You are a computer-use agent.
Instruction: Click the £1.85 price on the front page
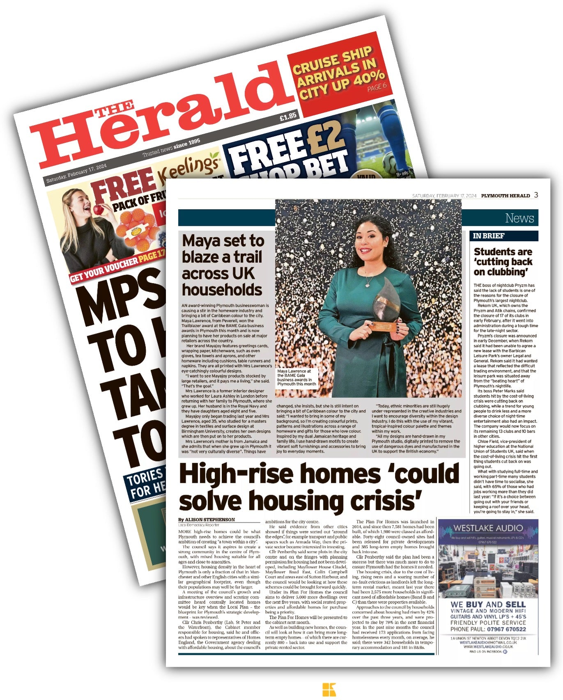coord(287,117)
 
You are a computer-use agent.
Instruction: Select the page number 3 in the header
coord(536,195)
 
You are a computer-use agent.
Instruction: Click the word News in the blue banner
coord(519,218)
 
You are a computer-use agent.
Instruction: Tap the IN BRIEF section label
coord(488,236)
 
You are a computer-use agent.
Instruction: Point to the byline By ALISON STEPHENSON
coord(207,519)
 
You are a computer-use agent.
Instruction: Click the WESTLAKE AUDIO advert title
coord(488,528)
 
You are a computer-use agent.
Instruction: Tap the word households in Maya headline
coord(222,290)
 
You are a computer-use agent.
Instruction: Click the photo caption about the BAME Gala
coord(296,377)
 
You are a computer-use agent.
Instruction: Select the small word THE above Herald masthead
coord(114,110)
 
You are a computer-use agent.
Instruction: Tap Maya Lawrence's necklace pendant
coord(368,284)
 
